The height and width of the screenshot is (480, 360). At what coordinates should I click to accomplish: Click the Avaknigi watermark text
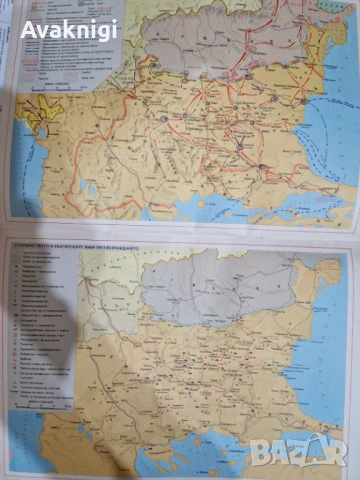69,29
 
